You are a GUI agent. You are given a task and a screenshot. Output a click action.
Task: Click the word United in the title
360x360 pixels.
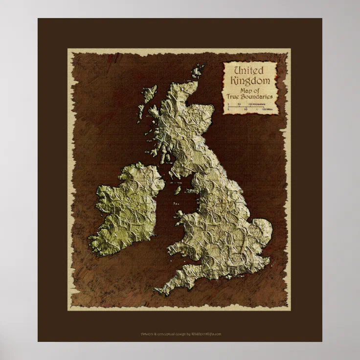pos(249,71)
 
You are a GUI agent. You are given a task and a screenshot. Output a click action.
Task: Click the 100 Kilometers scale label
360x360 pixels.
pos(257,104)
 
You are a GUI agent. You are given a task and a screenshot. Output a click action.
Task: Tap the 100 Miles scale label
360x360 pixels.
pos(264,110)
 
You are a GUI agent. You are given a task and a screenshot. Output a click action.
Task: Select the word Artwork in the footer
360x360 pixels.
pos(147,334)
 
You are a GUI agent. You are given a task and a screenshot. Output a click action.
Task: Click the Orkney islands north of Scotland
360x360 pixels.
pos(198,71)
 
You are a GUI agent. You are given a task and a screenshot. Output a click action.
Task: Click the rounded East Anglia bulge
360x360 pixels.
pos(259,230)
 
